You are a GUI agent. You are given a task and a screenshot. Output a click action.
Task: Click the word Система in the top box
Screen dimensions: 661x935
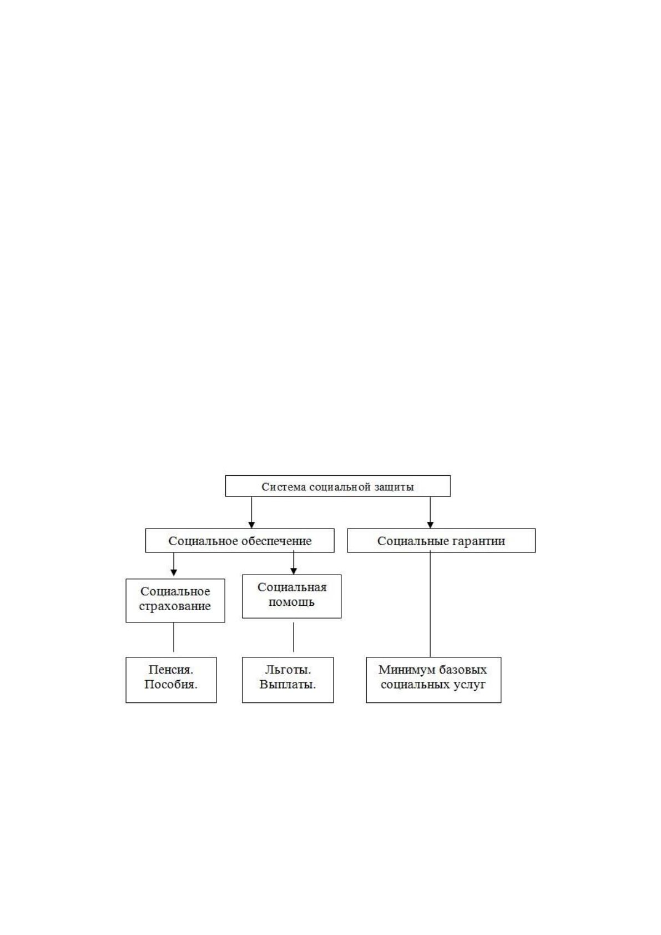pyautogui.click(x=279, y=487)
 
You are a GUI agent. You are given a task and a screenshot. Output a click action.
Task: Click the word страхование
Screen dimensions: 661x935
pyautogui.click(x=175, y=606)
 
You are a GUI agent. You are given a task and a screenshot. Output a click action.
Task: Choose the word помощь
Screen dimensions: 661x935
pyautogui.click(x=292, y=602)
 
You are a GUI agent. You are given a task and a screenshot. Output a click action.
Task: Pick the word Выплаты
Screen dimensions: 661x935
pyautogui.click(x=287, y=685)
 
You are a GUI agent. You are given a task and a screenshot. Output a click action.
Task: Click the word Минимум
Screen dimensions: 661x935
pyautogui.click(x=403, y=670)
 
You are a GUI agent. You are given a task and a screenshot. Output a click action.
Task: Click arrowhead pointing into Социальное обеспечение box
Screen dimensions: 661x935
pyautogui.click(x=251, y=525)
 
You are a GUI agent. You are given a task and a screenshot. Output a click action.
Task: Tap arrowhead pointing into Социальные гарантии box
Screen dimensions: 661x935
pyautogui.click(x=430, y=525)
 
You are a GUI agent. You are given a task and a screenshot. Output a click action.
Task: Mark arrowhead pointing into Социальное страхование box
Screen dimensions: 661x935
pyautogui.click(x=174, y=572)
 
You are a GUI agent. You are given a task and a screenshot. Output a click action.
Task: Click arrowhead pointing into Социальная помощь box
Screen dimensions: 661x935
pyautogui.click(x=294, y=571)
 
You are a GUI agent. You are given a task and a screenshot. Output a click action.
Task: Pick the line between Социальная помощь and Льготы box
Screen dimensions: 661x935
pyautogui.click(x=294, y=637)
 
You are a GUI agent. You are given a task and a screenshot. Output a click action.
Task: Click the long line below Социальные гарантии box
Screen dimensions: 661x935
pyautogui.click(x=430, y=605)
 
